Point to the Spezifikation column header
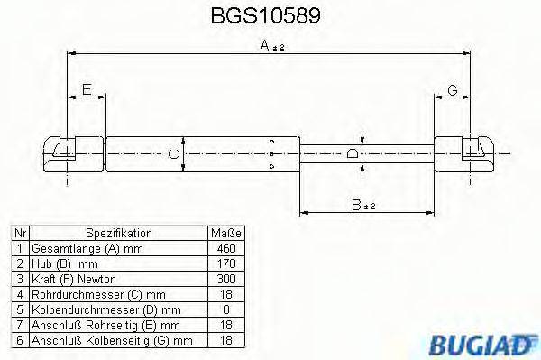[x=118, y=232]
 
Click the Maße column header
[x=225, y=232]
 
